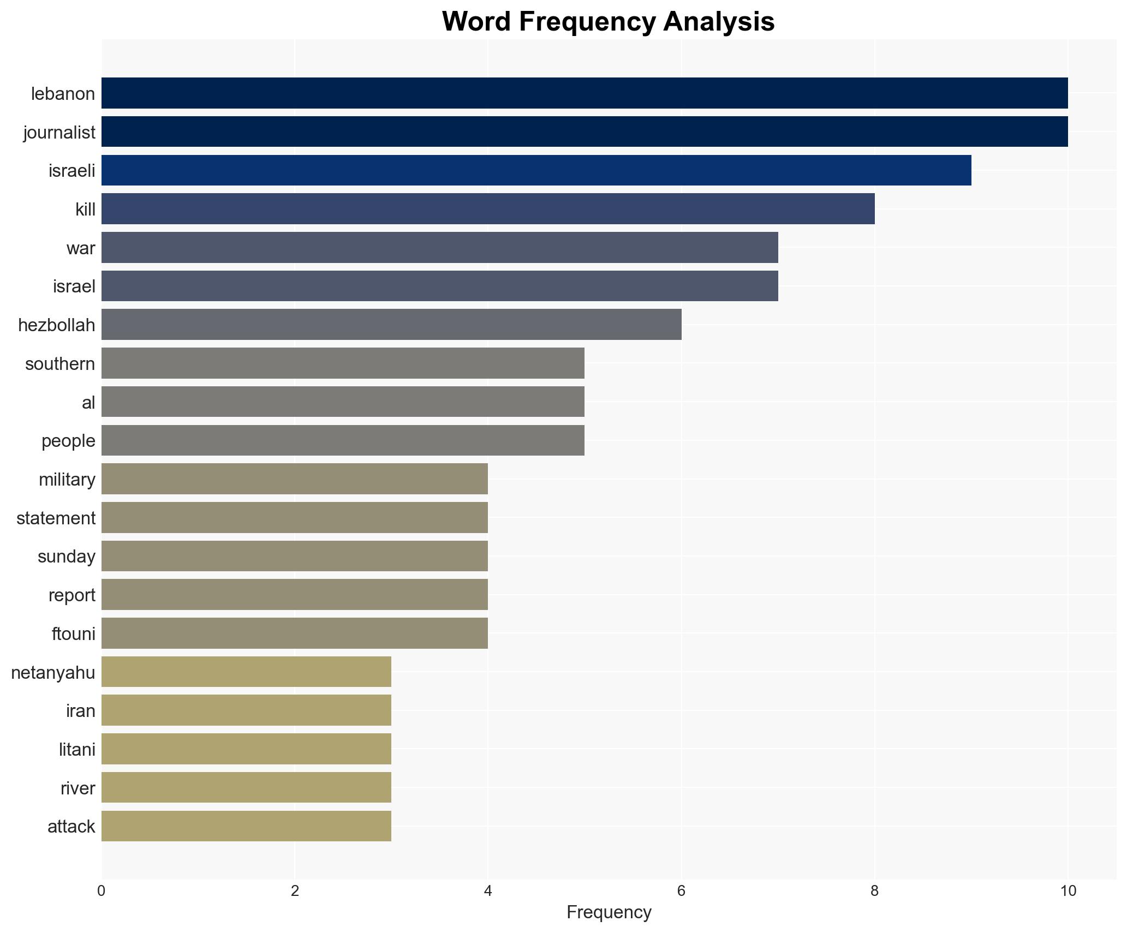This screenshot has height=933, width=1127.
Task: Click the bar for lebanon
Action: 584,93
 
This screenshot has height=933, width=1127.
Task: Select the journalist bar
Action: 584,131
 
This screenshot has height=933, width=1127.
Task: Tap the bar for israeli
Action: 536,170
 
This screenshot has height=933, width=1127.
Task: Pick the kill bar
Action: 488,209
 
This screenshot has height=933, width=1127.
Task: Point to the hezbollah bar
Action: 391,325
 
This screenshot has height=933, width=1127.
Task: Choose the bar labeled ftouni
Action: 295,633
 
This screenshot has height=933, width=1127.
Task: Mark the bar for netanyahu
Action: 246,672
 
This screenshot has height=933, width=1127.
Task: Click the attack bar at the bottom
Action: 246,826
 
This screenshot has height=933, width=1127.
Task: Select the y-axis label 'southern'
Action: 60,364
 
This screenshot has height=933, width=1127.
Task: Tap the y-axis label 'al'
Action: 88,403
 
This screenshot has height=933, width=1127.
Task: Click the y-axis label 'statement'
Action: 56,518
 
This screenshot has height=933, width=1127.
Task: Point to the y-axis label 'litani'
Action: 77,750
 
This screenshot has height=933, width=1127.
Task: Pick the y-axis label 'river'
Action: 78,788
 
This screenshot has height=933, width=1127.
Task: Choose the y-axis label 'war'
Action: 81,248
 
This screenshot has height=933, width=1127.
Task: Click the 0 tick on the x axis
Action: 102,891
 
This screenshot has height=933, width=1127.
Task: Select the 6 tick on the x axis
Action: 681,891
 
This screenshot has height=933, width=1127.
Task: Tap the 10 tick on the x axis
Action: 1068,891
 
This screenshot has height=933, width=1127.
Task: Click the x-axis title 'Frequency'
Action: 609,912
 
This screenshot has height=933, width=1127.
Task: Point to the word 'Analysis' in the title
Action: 719,22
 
